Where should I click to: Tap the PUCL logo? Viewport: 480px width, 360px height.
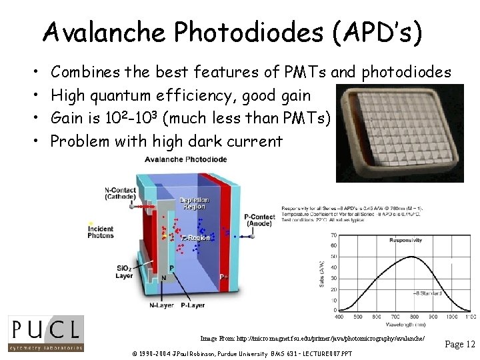(45, 333)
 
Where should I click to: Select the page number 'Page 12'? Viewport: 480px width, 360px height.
(459, 344)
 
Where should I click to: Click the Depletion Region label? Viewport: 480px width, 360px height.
(194, 203)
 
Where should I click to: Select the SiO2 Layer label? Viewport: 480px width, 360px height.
(124, 271)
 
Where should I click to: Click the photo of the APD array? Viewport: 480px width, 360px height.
(401, 133)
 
